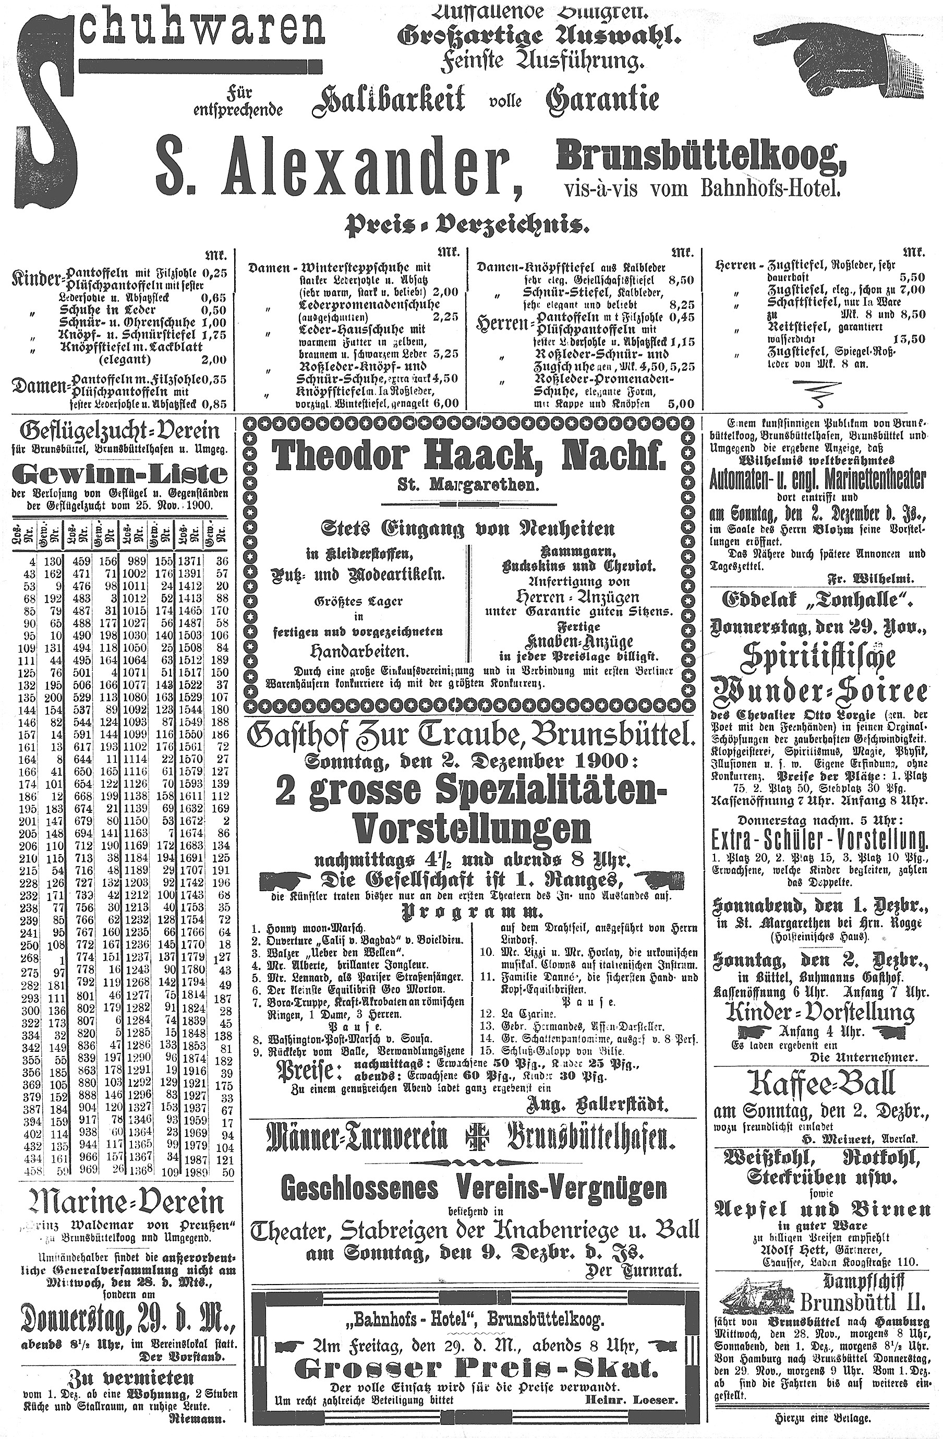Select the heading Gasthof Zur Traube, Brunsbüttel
tap(468, 736)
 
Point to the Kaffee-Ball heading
tap(821, 1084)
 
